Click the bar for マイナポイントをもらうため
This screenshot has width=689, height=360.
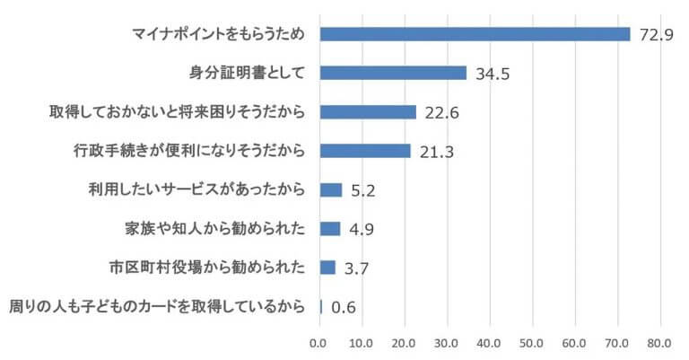475,34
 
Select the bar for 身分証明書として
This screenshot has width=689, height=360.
393,73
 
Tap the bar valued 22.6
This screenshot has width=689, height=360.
368,112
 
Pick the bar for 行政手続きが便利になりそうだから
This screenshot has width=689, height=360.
365,151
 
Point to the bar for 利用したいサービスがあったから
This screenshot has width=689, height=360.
331,189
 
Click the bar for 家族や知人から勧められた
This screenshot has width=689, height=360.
330,228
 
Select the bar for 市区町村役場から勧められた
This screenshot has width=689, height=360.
327,268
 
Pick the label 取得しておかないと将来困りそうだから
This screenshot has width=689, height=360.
178,112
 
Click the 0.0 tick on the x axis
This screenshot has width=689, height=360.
320,342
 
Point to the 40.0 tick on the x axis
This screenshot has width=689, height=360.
490,342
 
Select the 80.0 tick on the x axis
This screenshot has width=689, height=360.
660,342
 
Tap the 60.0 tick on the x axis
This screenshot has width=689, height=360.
575,342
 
